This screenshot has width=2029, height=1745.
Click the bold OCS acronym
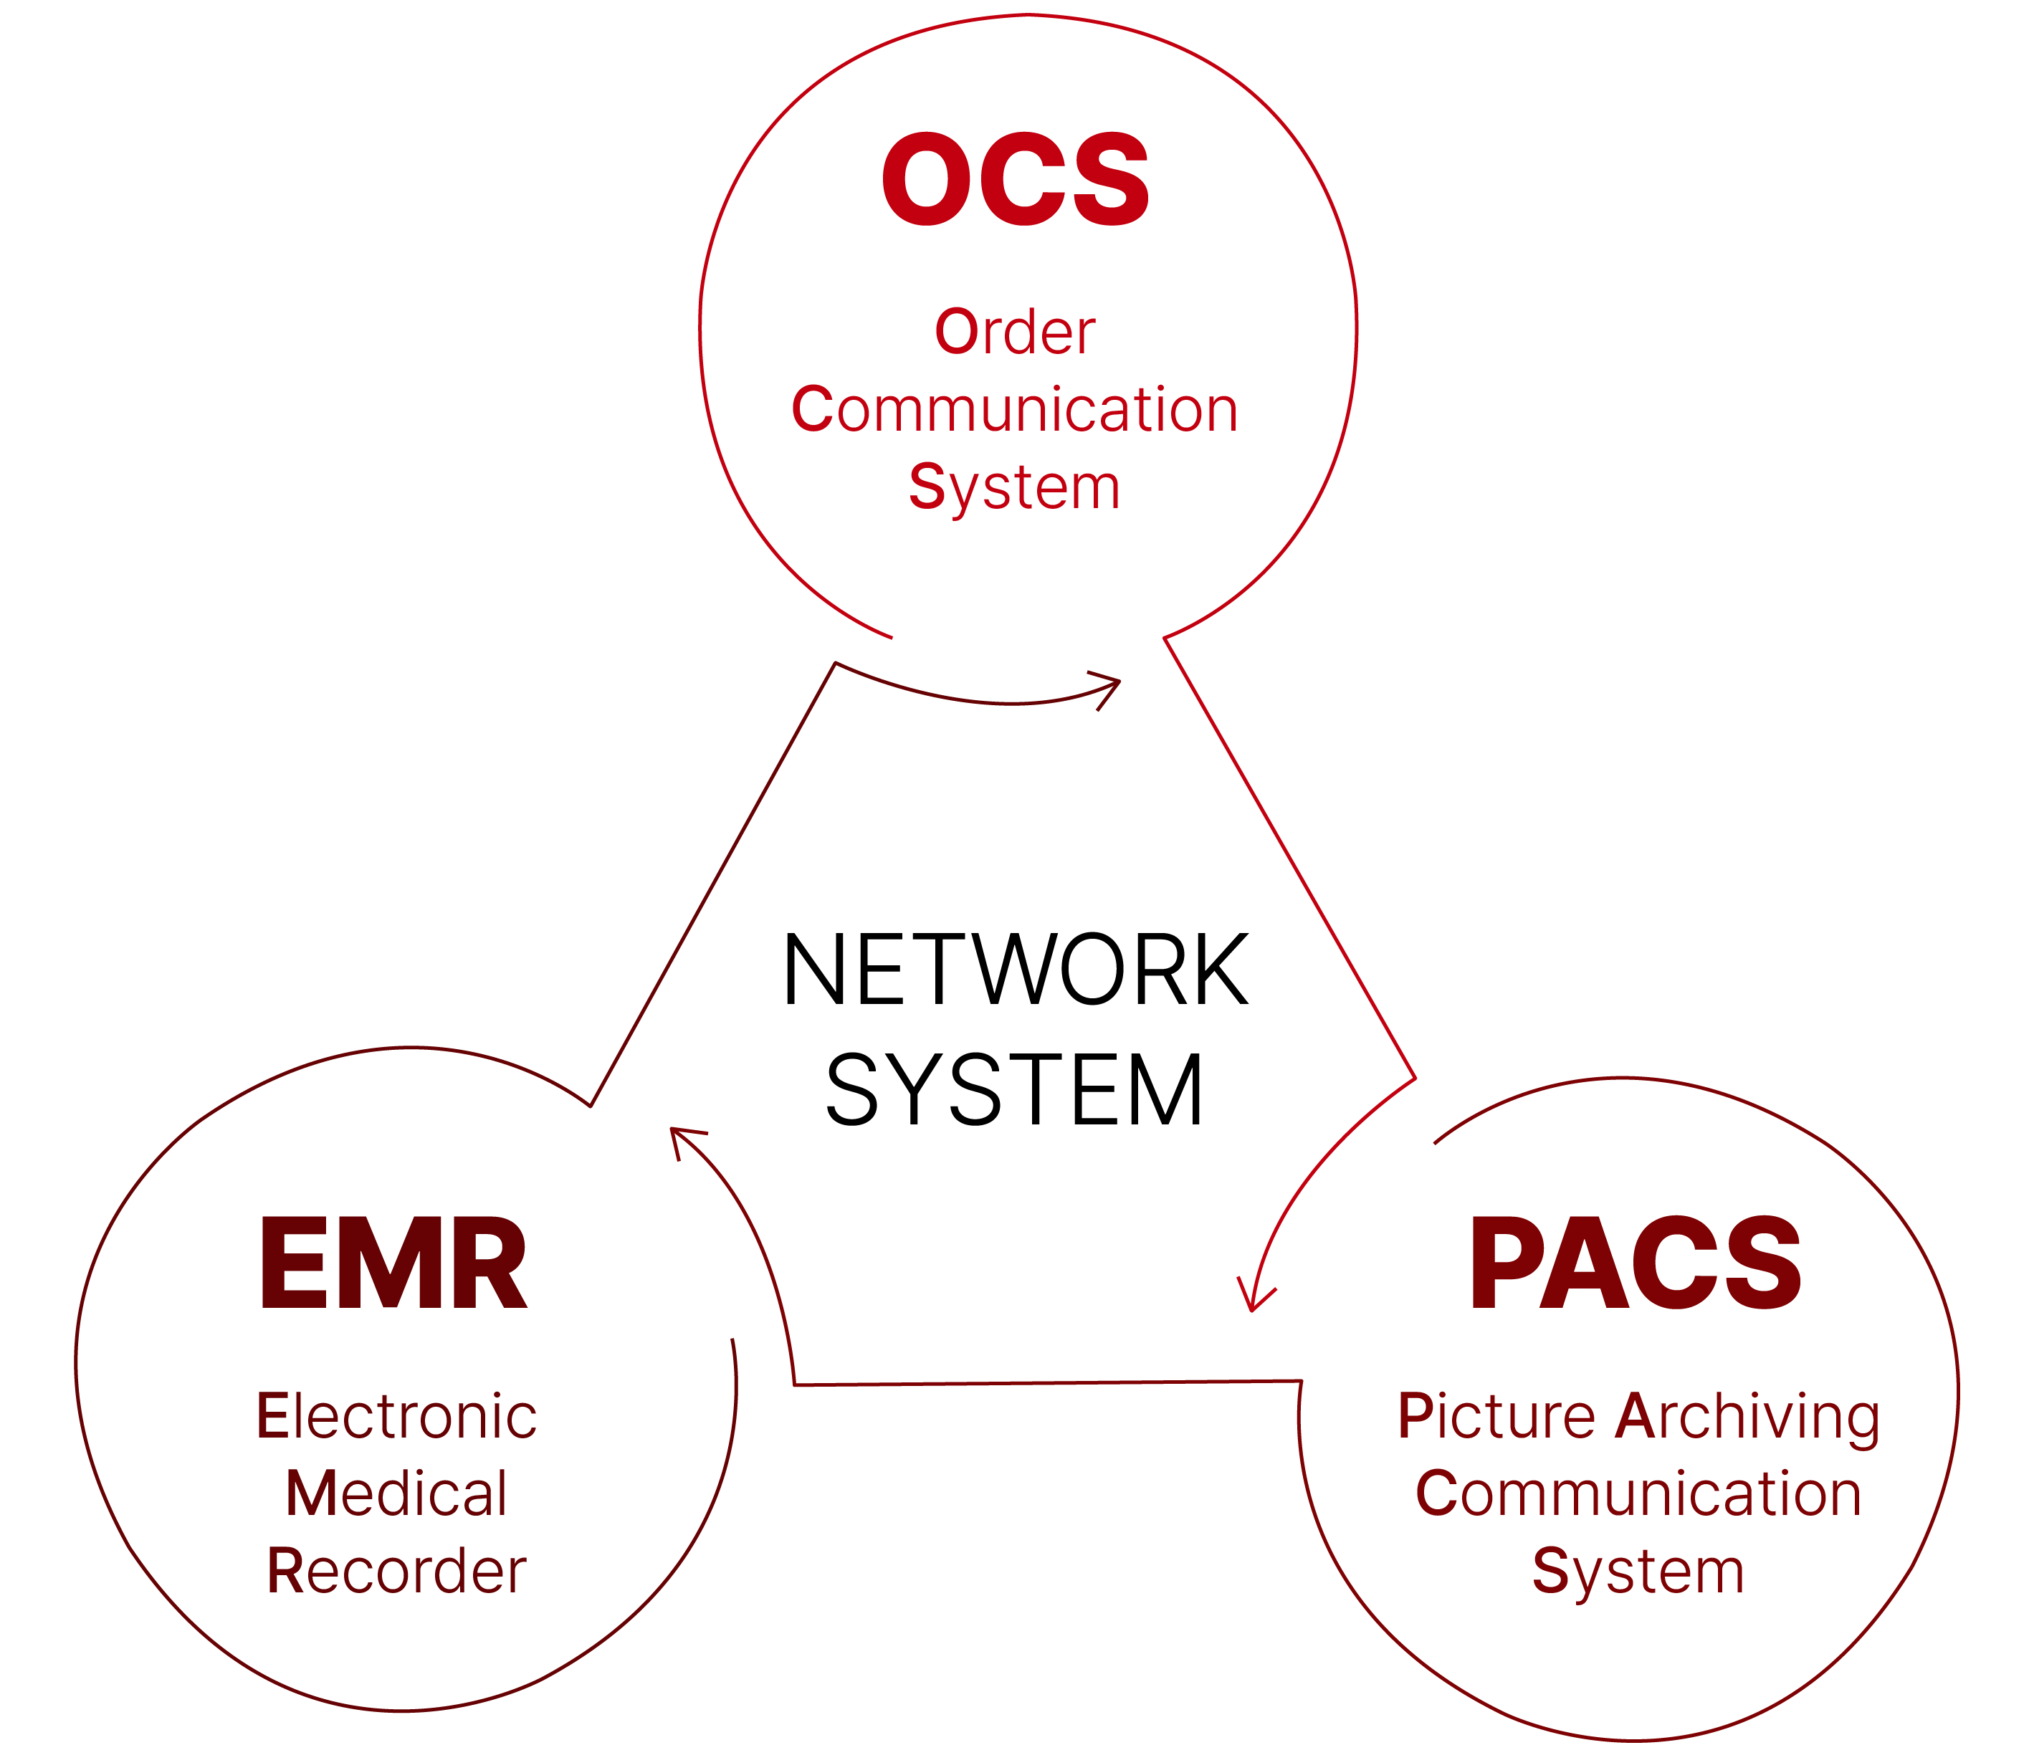click(1015, 179)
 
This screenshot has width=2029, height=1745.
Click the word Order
click(1015, 333)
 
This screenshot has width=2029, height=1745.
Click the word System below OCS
click(1015, 487)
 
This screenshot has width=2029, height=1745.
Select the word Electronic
click(396, 1417)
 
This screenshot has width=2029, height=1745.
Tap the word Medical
click(396, 1494)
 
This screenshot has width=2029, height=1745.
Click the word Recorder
click(396, 1572)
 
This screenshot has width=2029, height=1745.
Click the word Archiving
click(1747, 1417)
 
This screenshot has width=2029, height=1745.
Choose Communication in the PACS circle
click(1638, 1494)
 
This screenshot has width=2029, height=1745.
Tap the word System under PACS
click(1638, 1572)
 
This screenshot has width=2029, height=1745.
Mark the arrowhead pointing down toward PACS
click(1254, 1301)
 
